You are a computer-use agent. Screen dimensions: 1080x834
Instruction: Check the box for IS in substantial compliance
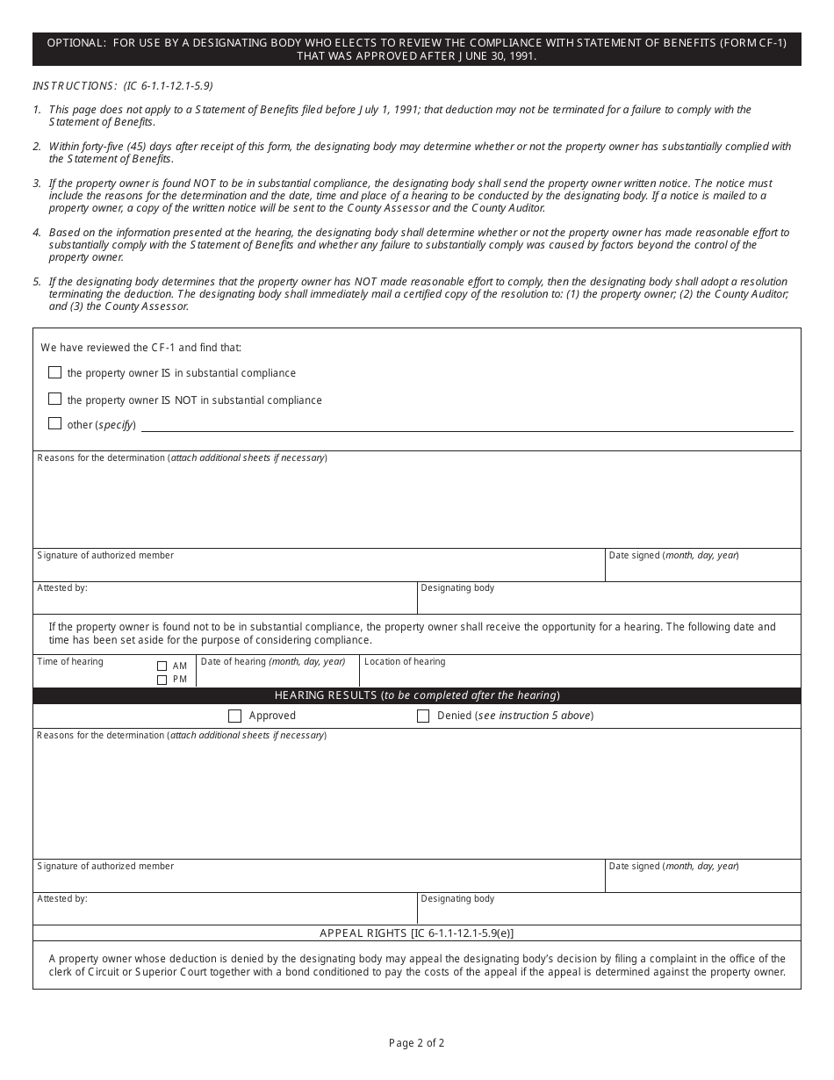click(x=55, y=372)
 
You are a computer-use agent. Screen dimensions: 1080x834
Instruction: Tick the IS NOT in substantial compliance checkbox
click(x=55, y=399)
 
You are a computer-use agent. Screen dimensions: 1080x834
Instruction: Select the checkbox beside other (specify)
click(x=55, y=423)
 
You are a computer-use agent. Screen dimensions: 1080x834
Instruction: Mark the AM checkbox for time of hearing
click(x=162, y=666)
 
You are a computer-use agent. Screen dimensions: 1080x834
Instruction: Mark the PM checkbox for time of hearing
click(x=162, y=680)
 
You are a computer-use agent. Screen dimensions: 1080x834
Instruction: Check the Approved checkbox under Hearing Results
click(x=234, y=716)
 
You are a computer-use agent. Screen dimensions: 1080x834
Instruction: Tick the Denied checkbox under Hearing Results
click(x=423, y=716)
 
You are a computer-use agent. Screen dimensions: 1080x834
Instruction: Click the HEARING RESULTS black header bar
click(x=417, y=695)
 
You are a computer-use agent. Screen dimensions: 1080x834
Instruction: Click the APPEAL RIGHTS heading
click(x=417, y=933)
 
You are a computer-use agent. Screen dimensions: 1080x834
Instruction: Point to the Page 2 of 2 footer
click(x=417, y=1043)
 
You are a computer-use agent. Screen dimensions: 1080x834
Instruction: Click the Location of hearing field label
click(x=405, y=662)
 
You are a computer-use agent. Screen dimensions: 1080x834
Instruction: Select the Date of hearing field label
click(x=273, y=662)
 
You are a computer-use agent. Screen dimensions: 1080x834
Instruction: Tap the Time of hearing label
click(x=70, y=662)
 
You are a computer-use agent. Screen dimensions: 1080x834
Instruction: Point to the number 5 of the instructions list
click(x=37, y=282)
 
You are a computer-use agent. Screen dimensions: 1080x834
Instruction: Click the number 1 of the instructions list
click(x=37, y=110)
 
